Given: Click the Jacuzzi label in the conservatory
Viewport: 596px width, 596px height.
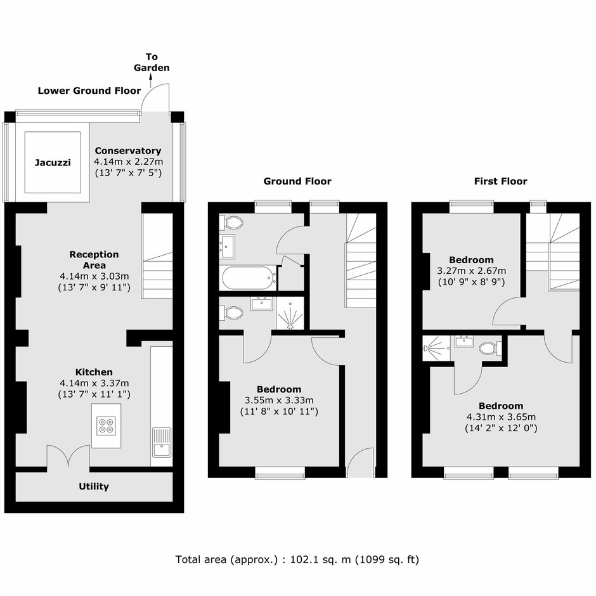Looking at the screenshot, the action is [x=53, y=163].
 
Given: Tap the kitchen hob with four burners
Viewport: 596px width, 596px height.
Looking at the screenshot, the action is [x=106, y=425].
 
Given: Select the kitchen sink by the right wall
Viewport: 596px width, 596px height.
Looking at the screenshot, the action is [x=162, y=442].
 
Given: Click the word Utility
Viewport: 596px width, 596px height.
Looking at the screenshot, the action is [x=94, y=486].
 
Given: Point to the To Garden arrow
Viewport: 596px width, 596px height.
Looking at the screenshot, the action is [x=151, y=81].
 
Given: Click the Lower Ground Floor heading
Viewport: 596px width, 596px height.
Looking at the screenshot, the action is [x=89, y=91].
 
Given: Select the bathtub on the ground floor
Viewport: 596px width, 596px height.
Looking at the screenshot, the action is [x=249, y=278].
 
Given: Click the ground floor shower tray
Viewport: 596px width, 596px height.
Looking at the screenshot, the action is [x=290, y=313].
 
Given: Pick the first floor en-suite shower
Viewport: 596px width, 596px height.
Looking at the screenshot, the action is [x=436, y=348].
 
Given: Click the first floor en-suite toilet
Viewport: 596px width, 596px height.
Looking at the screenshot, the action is [x=490, y=348].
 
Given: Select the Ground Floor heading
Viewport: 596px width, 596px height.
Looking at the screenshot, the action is [x=297, y=181].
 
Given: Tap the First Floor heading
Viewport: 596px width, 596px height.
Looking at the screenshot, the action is [x=501, y=181].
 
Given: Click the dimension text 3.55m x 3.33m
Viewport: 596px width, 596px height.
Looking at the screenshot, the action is [x=279, y=400].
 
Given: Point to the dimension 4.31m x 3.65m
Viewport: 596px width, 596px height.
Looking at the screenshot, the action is [x=501, y=417].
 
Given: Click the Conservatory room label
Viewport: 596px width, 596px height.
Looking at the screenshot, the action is [x=128, y=151].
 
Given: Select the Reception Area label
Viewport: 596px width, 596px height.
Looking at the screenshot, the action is [x=94, y=260].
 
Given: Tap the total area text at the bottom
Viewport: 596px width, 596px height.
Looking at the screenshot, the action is [x=297, y=559].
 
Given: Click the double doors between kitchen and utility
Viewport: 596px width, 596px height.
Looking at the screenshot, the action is [x=68, y=456].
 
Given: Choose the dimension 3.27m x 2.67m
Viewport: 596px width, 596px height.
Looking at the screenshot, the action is [x=471, y=271].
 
